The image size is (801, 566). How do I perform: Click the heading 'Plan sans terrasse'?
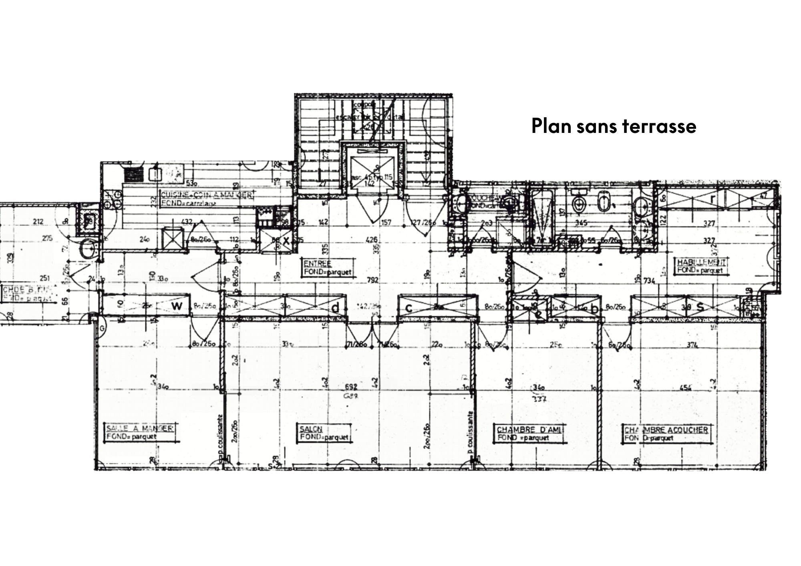pos(614,126)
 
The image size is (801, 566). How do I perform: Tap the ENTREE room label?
pos(317,264)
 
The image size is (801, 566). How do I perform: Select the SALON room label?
pos(311,429)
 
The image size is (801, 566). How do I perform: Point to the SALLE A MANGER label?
pos(139,428)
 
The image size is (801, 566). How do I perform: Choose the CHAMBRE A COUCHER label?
pos(666,430)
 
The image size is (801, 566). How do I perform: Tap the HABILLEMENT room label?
pos(701,263)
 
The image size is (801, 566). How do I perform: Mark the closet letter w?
pos(177,306)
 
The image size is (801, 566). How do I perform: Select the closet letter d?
pos(336,307)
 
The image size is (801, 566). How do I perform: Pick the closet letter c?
pos(409,308)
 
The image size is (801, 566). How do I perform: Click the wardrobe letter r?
pos(712,199)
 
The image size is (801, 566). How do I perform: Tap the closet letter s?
pos(700,307)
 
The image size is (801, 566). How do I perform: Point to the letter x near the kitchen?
pos(286,241)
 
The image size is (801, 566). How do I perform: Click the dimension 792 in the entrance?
pos(373,281)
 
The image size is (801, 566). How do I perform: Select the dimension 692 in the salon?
pos(351,387)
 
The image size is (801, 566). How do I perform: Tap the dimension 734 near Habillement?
pos(649,281)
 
